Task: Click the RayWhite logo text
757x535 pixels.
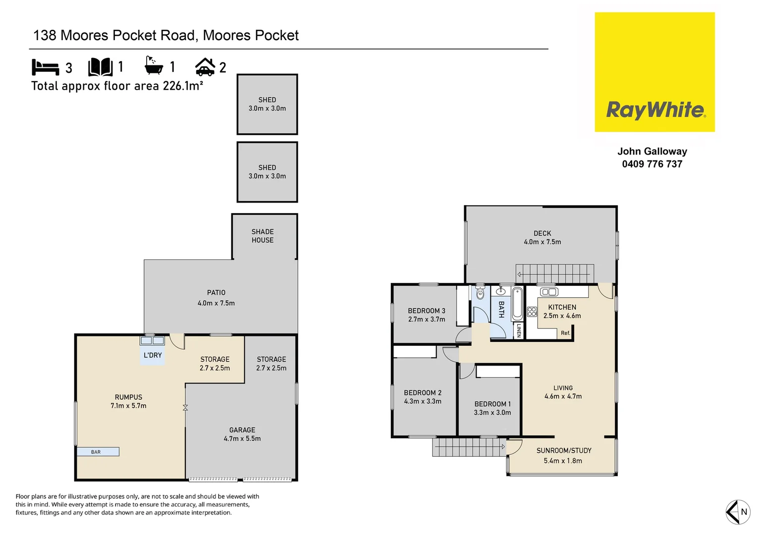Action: point(655,109)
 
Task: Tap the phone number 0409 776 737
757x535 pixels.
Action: point(652,164)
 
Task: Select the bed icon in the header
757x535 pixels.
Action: point(45,67)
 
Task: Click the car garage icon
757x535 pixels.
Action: point(205,67)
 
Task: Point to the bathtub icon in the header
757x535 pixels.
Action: point(154,66)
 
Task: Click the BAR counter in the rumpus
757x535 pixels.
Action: point(98,452)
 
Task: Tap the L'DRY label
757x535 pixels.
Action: point(153,355)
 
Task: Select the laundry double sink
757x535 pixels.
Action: point(152,341)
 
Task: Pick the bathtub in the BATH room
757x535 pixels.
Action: point(517,304)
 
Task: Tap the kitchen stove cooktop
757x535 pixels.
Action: point(532,312)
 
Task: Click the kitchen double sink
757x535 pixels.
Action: point(549,292)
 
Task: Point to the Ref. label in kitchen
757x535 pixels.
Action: point(565,333)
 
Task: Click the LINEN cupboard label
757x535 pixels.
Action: point(519,330)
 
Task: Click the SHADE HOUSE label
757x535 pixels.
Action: point(263,236)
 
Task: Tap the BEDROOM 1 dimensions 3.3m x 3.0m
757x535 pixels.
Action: point(492,413)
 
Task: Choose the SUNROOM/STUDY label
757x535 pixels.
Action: point(564,451)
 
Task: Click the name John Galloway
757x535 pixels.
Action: point(652,152)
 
